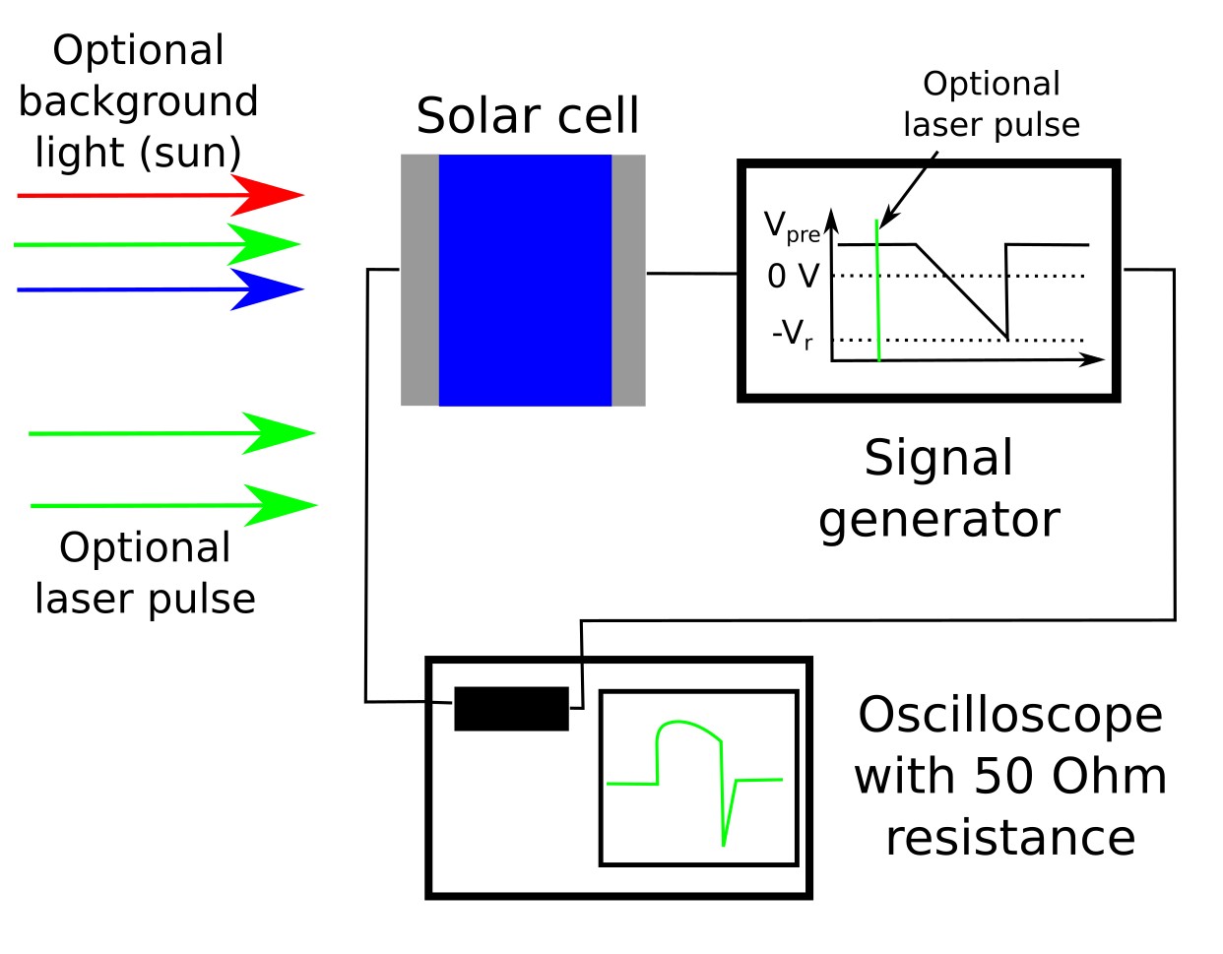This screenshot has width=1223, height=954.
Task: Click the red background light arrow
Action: coord(158,195)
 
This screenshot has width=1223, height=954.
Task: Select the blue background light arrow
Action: coord(158,289)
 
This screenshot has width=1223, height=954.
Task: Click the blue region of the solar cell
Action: coord(525,280)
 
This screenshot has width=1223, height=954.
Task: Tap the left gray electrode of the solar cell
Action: coord(419,280)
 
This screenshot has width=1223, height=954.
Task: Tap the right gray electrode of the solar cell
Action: coord(628,280)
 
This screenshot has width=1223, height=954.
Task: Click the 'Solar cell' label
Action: coord(528,116)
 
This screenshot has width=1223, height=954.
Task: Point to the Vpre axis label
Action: coord(792,226)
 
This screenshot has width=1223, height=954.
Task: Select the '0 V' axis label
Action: coord(793,277)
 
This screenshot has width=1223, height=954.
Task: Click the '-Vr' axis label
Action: coord(793,335)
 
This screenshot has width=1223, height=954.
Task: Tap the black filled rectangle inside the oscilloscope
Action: coord(511,709)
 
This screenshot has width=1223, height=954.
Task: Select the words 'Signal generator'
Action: coord(938,489)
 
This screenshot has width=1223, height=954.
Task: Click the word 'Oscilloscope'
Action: coord(1010,715)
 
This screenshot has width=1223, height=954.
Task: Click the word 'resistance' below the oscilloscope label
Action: coord(1010,838)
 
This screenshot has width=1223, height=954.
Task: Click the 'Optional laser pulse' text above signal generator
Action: coord(992,104)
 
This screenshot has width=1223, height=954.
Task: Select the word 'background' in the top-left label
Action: coord(138,101)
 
